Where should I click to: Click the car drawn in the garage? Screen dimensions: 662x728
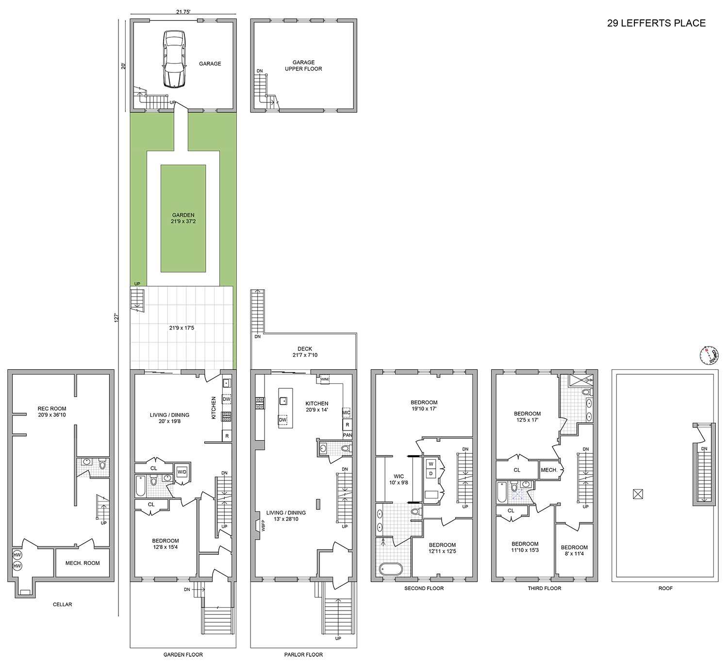click(174, 59)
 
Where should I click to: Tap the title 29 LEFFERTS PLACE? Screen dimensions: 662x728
click(656, 23)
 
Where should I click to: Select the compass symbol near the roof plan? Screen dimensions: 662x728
click(709, 356)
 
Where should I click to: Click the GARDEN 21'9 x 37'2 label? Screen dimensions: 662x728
click(183, 218)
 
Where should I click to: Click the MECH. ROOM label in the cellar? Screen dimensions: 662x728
click(83, 563)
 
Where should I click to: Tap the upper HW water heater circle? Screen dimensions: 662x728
click(17, 555)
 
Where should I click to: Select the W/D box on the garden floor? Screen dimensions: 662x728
click(182, 472)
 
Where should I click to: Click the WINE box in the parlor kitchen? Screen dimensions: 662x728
click(325, 379)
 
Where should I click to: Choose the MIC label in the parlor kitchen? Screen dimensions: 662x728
click(346, 413)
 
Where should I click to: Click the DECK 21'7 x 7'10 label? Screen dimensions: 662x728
click(305, 352)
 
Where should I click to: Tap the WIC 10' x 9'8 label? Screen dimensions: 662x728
click(398, 480)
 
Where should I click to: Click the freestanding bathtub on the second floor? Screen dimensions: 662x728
click(391, 568)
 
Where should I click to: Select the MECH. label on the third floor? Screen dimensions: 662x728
click(549, 470)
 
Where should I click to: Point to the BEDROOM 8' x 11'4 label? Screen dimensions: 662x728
click(574, 550)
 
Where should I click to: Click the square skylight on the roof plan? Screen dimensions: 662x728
click(638, 495)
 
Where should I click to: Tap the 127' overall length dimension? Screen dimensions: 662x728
click(116, 317)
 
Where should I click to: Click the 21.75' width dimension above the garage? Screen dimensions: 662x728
click(183, 12)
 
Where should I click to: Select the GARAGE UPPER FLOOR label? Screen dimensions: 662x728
click(303, 66)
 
